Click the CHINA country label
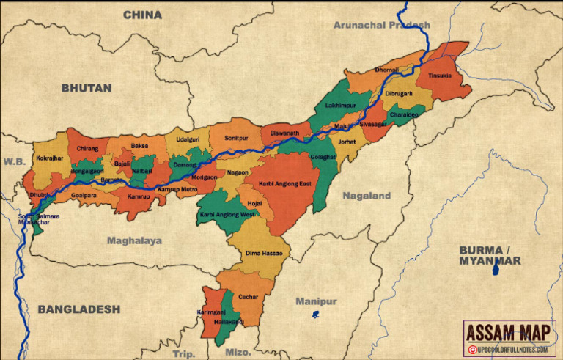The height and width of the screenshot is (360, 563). tap(142, 15)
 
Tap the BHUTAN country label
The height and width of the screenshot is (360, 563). tap(87, 88)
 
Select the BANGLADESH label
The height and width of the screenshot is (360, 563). tap(79, 309)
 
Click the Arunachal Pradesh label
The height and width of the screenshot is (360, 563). tap(381, 25)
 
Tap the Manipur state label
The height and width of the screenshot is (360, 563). tap(316, 301)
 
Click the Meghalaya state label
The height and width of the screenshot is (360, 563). tap(134, 240)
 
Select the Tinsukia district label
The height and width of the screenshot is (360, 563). tap(440, 76)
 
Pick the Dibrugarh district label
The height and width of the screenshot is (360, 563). tap(399, 94)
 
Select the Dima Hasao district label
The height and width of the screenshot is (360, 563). tap(264, 253)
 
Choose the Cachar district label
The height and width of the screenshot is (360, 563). tap(249, 297)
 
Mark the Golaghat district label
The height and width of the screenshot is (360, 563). tap(323, 158)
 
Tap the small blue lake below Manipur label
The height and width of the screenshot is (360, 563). tap(315, 315)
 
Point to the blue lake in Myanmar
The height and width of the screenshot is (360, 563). tap(496, 271)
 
